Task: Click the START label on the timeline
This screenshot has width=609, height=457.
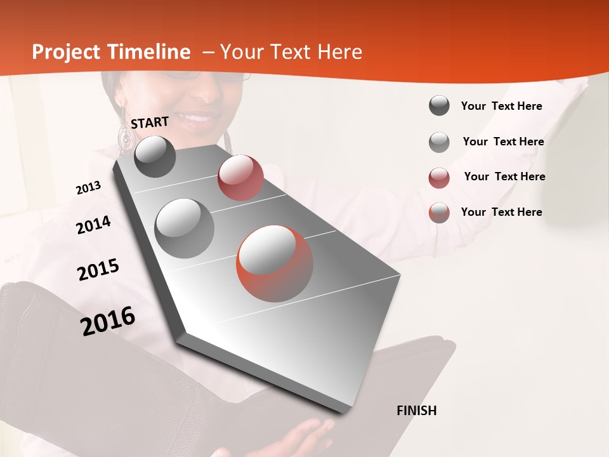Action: click(150, 122)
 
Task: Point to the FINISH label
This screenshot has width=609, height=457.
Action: click(417, 411)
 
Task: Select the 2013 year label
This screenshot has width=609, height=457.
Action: click(88, 188)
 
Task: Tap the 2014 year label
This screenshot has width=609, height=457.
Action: click(93, 225)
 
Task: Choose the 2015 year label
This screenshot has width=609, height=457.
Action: click(98, 270)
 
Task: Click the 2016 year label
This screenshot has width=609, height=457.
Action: click(108, 321)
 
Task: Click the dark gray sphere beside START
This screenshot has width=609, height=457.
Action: click(155, 156)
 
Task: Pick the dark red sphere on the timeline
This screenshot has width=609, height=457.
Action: click(240, 177)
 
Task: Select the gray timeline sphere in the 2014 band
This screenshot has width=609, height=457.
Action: click(185, 228)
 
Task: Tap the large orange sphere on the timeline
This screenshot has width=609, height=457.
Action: click(274, 263)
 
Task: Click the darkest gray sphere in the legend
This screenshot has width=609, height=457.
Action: click(439, 105)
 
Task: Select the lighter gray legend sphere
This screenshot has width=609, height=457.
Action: click(439, 142)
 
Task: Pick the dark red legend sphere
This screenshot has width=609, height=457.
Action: click(439, 178)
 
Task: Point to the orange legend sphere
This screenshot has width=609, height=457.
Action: click(439, 213)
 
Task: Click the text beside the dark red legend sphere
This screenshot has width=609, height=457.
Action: click(504, 176)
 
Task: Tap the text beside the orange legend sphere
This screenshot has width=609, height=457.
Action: click(501, 212)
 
